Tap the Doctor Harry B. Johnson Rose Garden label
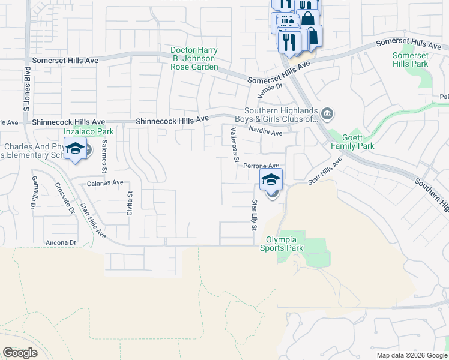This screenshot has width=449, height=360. click(194, 59)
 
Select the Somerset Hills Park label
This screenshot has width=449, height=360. click(411, 59)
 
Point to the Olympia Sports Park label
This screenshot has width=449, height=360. click(281, 244)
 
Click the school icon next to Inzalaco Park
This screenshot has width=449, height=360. click(76, 149)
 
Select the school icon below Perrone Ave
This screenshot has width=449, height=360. click(271, 179)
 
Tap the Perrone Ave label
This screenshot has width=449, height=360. click(261, 165)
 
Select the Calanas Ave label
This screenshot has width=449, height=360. click(105, 182)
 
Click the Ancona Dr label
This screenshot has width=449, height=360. click(61, 242)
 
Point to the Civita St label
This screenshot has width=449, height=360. click(129, 202)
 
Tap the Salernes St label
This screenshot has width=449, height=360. click(104, 156)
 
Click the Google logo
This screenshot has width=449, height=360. click(20, 353)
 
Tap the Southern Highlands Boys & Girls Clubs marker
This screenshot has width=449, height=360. click(327, 113)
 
